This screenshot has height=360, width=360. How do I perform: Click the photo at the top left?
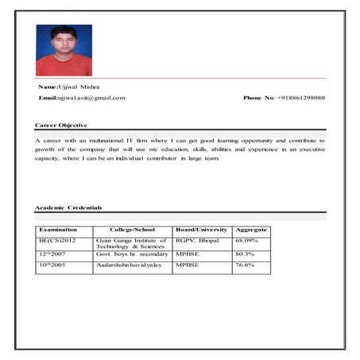tap(64, 50)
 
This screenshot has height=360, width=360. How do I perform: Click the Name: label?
tap(47, 86)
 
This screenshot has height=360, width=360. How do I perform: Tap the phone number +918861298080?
tap(301, 98)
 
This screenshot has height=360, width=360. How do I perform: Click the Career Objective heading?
tap(61, 126)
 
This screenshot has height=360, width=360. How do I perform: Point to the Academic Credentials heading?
tap(68, 207)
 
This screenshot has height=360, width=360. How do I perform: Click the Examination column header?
tap(58, 230)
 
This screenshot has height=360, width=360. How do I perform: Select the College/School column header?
tap(132, 230)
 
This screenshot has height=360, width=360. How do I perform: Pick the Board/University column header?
tap(201, 230)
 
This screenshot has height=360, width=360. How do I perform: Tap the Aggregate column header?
tap(251, 230)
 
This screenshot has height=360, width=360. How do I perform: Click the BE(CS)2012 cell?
tap(57, 239)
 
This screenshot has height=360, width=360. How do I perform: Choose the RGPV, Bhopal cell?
tap(197, 239)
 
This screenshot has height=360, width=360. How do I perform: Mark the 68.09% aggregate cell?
tap(246, 239)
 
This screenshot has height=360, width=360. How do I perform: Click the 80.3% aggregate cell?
tap(244, 254)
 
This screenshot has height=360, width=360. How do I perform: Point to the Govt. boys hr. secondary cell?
tap(132, 254)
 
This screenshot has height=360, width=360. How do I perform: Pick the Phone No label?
tap(258, 98)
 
